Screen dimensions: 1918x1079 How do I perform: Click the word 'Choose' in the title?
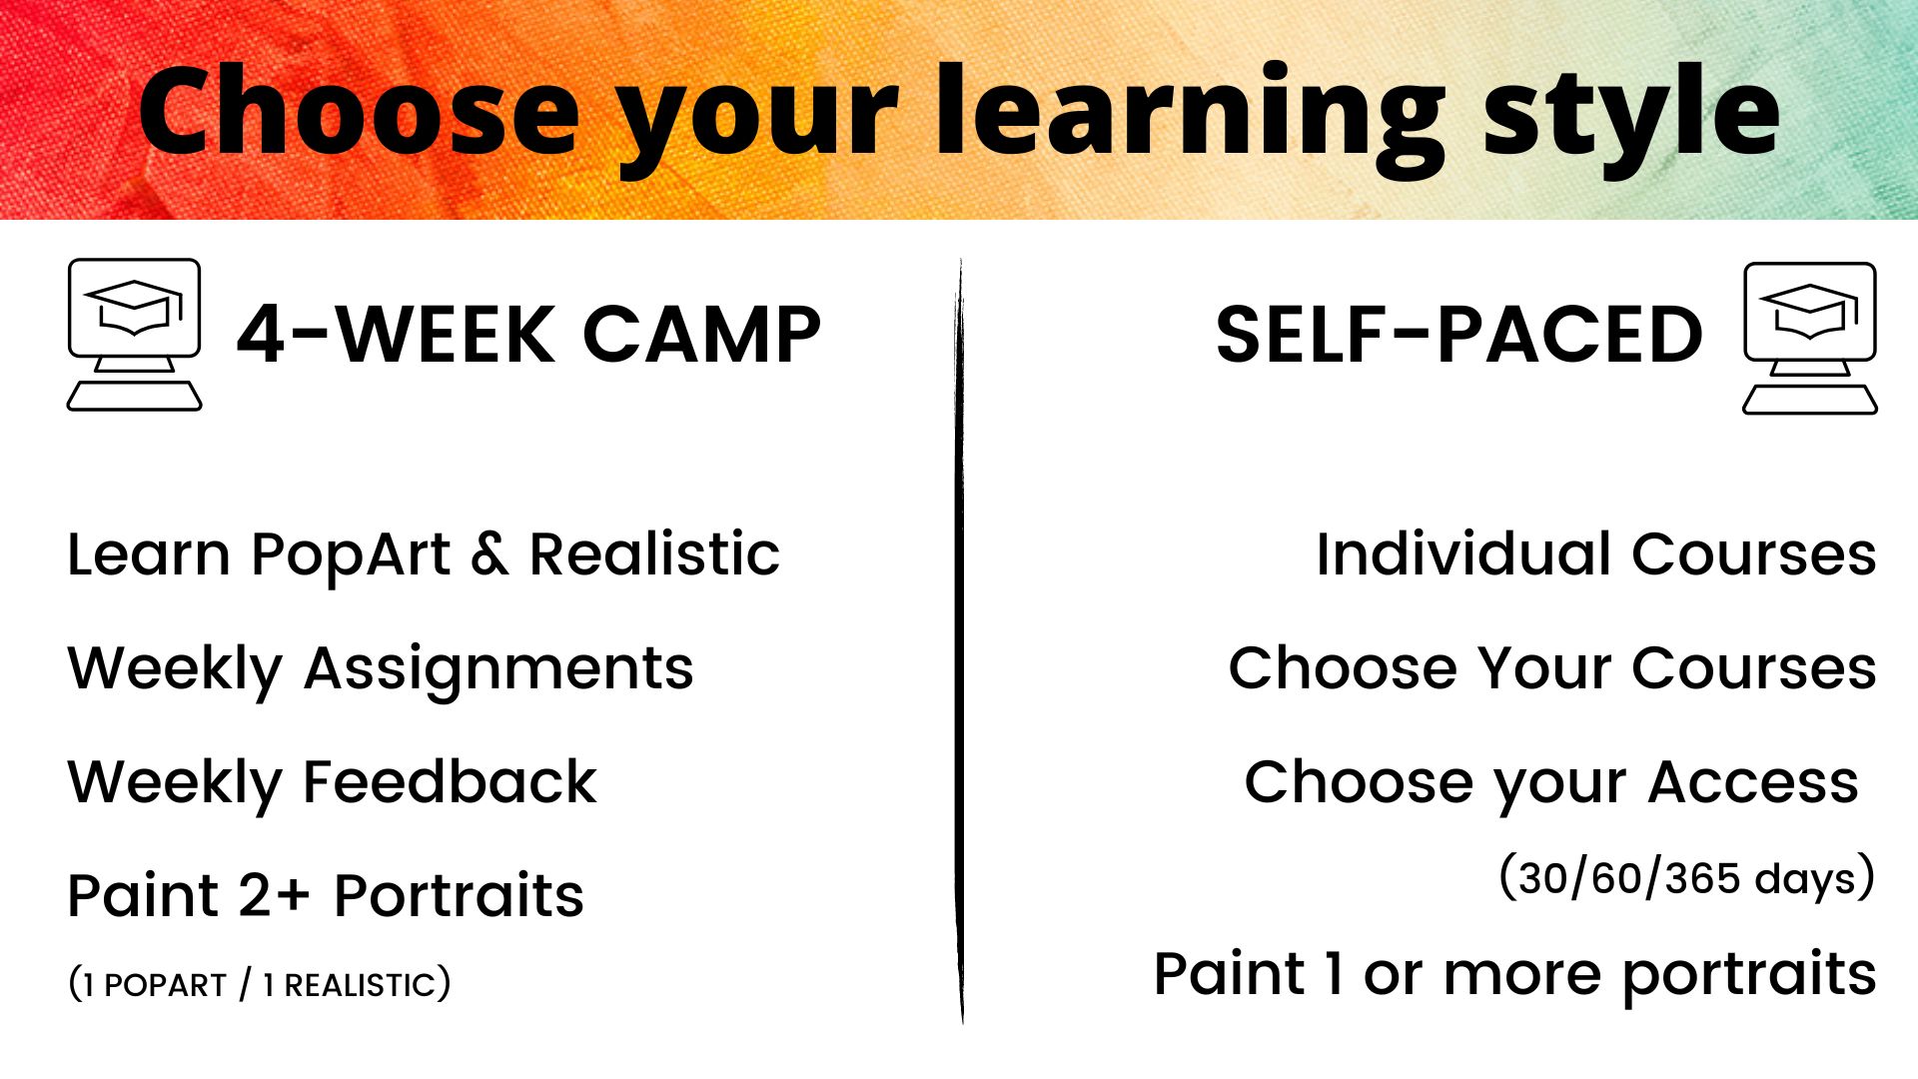tap(360, 111)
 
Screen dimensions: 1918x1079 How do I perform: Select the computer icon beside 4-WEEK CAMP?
tap(135, 334)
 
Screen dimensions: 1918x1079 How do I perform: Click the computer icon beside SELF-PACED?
tap(1810, 338)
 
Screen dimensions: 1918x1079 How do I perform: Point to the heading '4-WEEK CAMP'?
tap(528, 335)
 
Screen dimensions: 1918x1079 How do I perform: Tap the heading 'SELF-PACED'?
tap(1459, 335)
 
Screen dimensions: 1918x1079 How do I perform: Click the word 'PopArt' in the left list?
tap(351, 556)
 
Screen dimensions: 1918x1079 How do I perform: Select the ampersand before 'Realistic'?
tap(489, 555)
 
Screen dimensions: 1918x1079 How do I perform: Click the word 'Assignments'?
tap(498, 670)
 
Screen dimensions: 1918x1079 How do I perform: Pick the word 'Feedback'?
tap(450, 781)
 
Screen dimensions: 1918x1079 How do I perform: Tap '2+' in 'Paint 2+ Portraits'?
tap(275, 895)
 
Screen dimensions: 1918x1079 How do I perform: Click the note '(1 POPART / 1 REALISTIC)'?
tap(260, 984)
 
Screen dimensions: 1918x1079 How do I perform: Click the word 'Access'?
tap(1753, 782)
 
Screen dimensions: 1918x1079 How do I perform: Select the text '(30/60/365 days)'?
tap(1687, 878)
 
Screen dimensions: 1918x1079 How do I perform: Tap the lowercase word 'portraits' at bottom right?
tap(1749, 977)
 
